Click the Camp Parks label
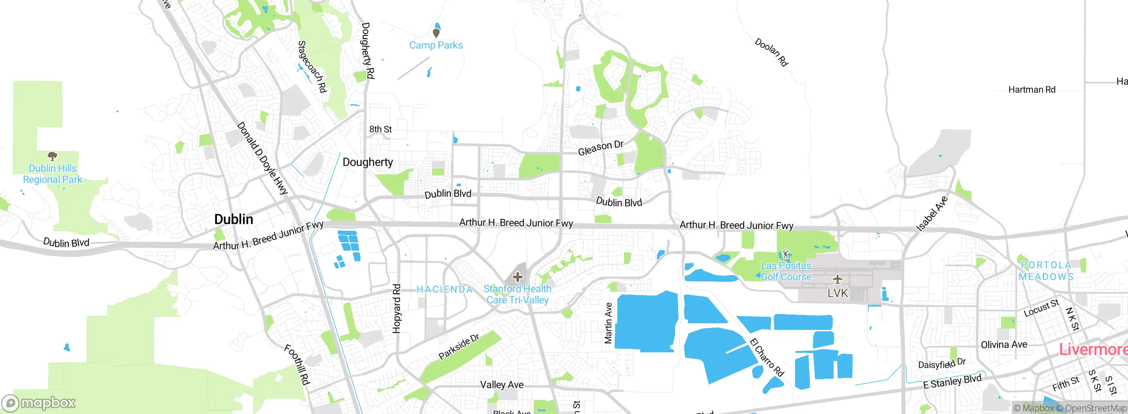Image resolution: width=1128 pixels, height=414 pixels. [x=436, y=45]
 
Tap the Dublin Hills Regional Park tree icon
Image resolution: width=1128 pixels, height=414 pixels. [x=52, y=156]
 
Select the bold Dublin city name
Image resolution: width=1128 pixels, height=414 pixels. [x=234, y=219]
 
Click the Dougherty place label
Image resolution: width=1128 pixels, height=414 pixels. [x=367, y=162]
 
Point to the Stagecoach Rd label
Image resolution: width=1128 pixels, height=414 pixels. [x=312, y=67]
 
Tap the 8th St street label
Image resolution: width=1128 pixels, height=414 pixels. [x=380, y=129]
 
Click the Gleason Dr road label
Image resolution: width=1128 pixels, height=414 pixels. [x=600, y=148]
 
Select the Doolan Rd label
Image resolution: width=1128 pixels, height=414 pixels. [x=771, y=52]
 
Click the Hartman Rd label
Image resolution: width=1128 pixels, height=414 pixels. [x=1032, y=90]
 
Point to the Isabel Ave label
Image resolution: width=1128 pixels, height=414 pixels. [x=931, y=214]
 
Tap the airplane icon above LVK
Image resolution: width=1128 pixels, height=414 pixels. [x=837, y=279]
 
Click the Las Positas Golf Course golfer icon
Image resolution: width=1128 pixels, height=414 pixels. [x=785, y=254]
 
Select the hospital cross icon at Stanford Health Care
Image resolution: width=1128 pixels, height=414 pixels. [x=517, y=277]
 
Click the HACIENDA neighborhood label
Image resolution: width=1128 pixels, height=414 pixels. [x=444, y=289]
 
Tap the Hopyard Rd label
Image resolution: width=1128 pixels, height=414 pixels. [x=397, y=308]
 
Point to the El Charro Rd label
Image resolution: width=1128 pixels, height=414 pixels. [x=767, y=357]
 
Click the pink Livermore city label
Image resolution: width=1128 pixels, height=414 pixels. [x=1093, y=350]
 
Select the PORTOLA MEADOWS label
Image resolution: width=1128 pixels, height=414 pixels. [x=1046, y=271]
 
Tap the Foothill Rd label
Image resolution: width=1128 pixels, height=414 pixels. [x=297, y=365]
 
